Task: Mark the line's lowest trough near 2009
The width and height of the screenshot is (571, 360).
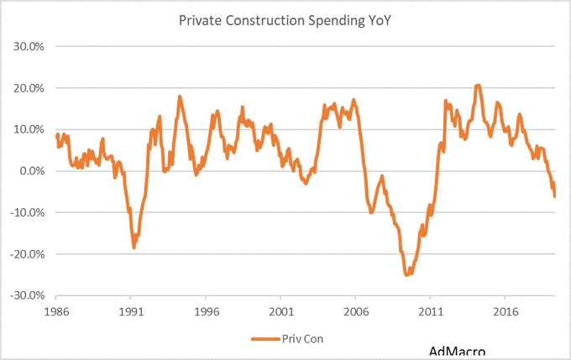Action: pyautogui.click(x=406, y=274)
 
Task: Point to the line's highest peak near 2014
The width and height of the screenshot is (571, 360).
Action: pyautogui.click(x=477, y=85)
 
